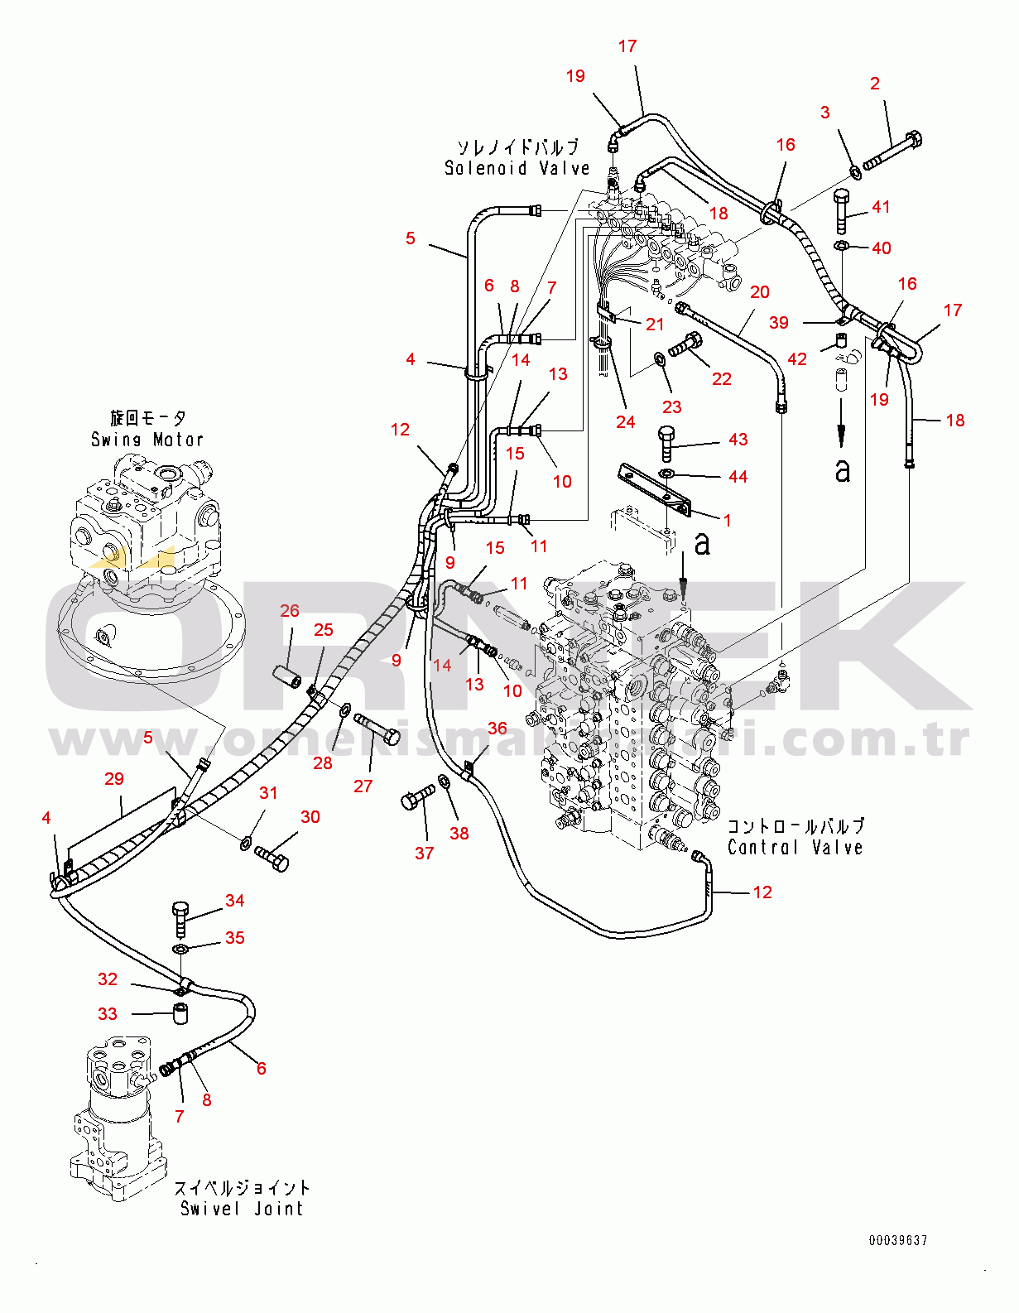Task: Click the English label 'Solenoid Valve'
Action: tap(517, 168)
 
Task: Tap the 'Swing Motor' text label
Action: tap(147, 440)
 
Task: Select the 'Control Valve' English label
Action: tap(795, 847)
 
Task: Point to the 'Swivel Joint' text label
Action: tap(242, 1209)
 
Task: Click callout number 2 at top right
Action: tap(875, 84)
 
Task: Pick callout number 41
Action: tap(881, 207)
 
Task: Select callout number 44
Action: tap(738, 477)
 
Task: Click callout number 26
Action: tap(290, 611)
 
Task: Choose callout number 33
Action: tap(108, 1014)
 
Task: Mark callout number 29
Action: tap(114, 779)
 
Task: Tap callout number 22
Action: tap(722, 379)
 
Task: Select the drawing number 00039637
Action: tap(898, 1240)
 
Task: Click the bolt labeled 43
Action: tap(667, 444)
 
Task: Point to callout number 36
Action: tap(497, 729)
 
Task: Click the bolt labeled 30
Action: tap(272, 857)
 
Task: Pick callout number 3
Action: tap(824, 113)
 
